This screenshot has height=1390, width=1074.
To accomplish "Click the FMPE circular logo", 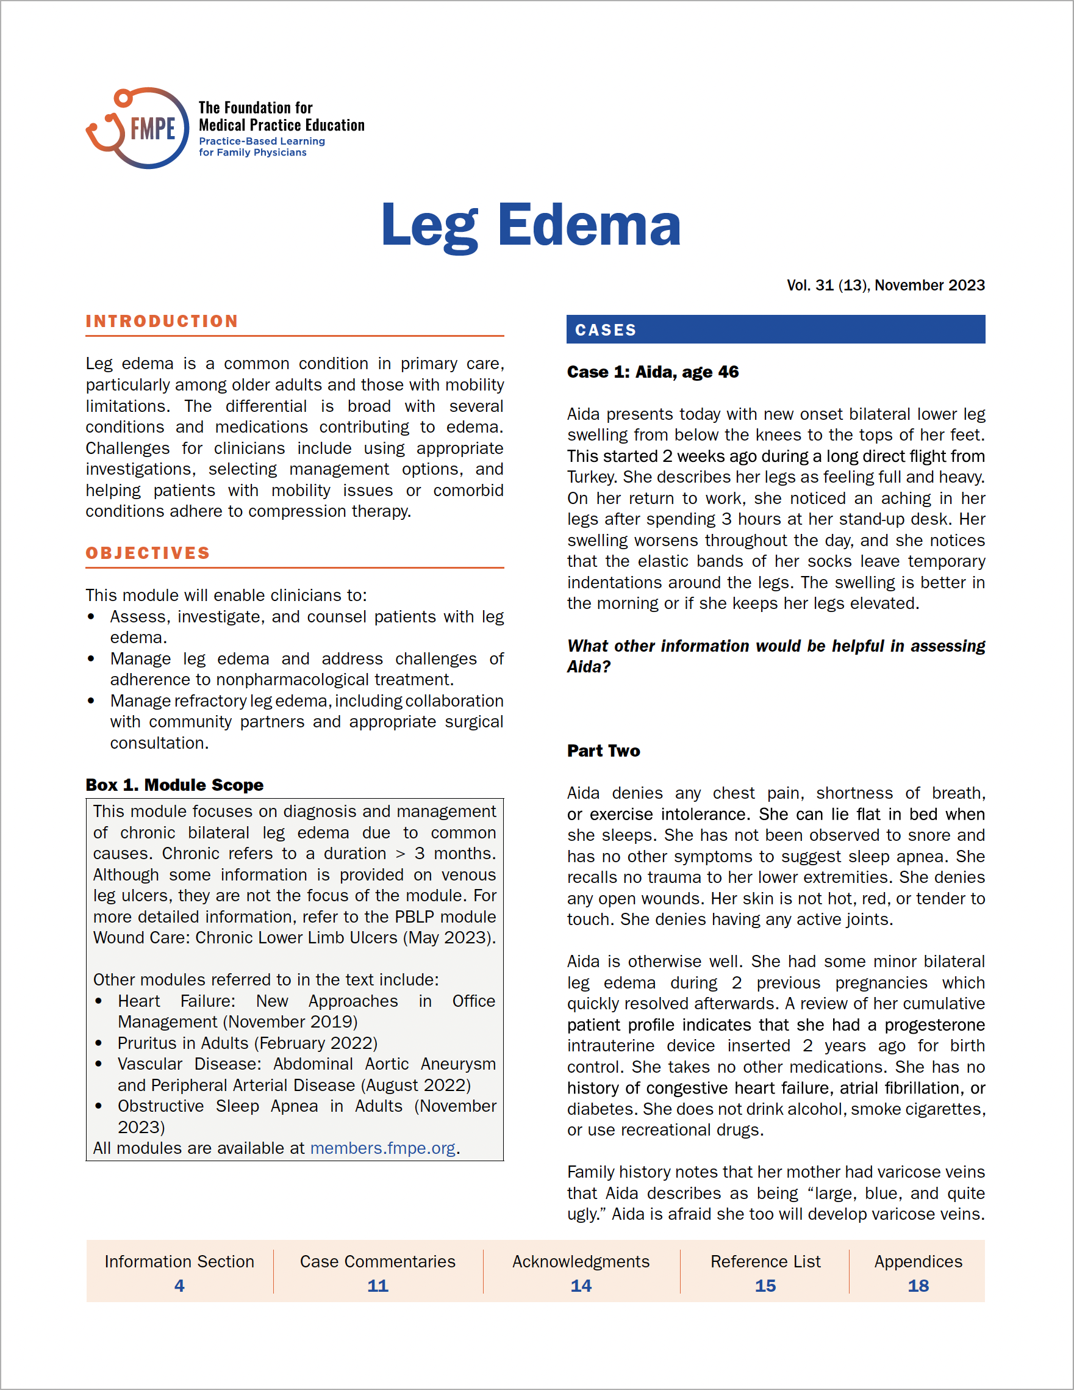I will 138,128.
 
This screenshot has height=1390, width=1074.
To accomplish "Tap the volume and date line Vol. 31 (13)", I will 885,285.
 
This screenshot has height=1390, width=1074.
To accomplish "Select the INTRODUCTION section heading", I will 162,322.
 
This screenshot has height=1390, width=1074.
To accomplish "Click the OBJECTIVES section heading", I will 148,553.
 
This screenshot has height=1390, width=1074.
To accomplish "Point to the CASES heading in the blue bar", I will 605,329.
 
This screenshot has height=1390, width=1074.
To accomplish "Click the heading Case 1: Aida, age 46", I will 653,372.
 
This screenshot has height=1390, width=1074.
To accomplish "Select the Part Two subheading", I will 603,751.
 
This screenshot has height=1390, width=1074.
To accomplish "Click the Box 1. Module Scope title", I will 174,785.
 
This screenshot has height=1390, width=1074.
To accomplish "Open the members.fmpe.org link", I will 382,1148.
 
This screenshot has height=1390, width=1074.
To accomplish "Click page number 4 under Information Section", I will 179,1286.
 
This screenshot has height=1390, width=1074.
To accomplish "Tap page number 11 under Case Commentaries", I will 378,1286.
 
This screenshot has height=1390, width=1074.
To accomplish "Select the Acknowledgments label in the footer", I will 581,1261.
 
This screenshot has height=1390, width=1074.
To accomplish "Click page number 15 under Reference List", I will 765,1286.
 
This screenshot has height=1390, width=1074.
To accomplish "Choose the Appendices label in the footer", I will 918,1261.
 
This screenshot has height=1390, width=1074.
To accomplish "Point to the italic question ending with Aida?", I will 776,656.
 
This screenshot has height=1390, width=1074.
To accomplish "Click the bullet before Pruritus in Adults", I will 99,1043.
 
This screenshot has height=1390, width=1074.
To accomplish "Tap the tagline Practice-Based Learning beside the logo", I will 262,142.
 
